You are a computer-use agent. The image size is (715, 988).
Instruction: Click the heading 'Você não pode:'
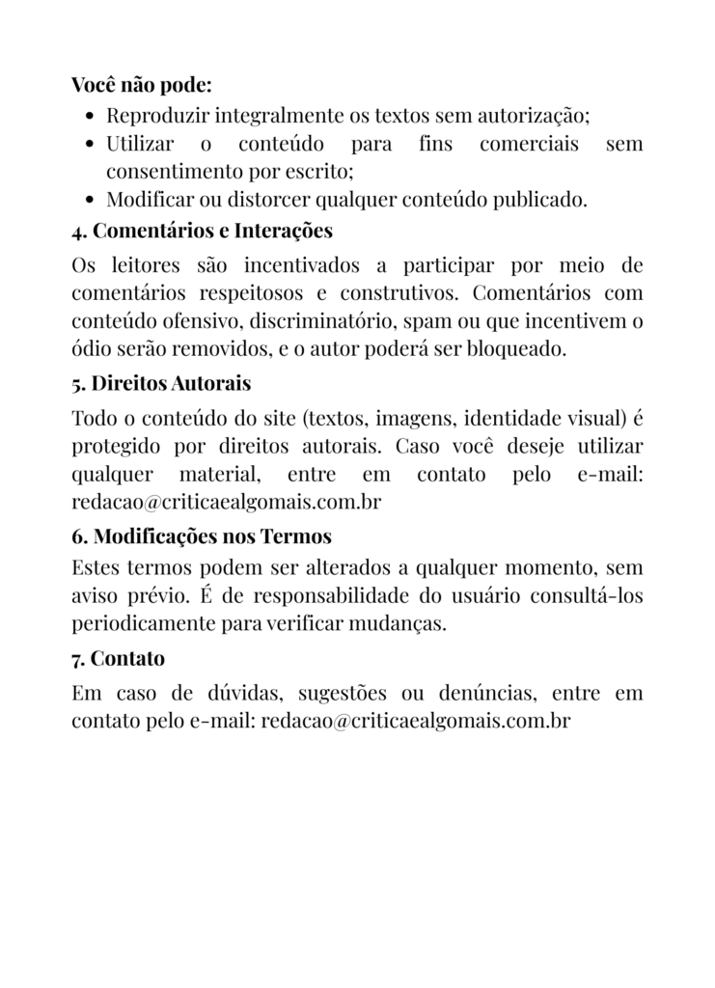(x=142, y=85)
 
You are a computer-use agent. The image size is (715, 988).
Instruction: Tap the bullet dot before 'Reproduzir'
(x=90, y=118)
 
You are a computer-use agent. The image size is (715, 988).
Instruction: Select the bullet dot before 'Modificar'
(x=90, y=202)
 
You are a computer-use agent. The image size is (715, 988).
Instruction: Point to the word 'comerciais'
(x=529, y=145)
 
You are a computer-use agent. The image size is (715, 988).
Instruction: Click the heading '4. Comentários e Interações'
(x=202, y=232)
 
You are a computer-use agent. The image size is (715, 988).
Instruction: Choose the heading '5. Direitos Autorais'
(x=161, y=384)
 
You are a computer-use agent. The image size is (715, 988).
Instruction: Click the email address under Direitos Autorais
(x=226, y=502)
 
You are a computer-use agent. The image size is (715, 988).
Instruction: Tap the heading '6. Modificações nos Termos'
(x=202, y=536)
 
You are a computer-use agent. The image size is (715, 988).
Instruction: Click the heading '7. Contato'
(x=118, y=659)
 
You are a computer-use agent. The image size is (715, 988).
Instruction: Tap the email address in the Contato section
(x=416, y=722)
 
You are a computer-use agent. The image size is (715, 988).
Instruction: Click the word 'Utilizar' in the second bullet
(x=140, y=145)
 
